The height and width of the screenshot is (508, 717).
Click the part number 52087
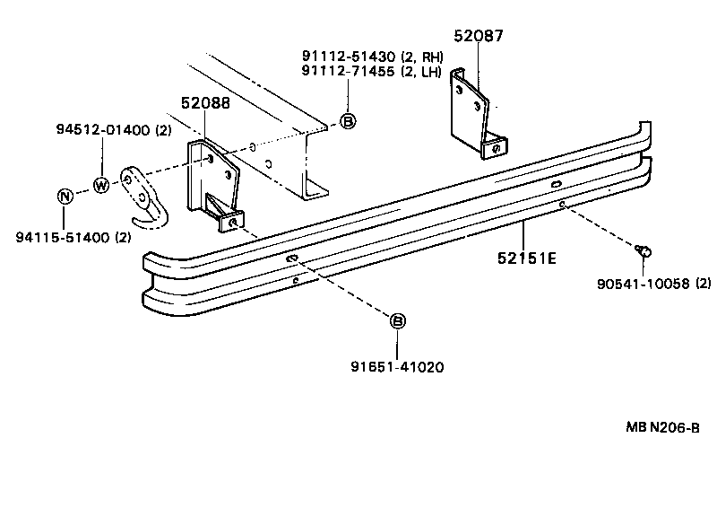[x=479, y=36]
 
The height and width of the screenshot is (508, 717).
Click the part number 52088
[x=205, y=103]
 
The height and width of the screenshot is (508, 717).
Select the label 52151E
[x=527, y=258]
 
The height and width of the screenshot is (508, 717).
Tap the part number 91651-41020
[x=398, y=366]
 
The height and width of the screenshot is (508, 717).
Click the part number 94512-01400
[x=99, y=130]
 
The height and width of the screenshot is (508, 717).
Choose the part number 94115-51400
[x=63, y=237]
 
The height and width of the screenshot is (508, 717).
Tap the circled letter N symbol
[x=65, y=197]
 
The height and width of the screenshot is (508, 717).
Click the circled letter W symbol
[x=100, y=186]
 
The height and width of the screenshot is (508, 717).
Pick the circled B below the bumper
[x=398, y=320]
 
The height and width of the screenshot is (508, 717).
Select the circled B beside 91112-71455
[x=348, y=122]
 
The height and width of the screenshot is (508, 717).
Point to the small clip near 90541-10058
[x=644, y=250]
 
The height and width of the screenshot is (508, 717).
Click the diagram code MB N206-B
[x=661, y=427]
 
